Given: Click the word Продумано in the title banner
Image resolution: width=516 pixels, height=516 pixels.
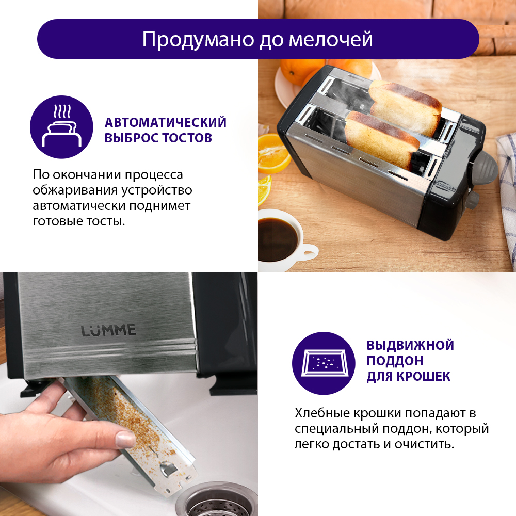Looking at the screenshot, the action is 198,40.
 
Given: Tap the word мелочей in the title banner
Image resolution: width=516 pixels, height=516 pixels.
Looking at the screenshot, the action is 331,40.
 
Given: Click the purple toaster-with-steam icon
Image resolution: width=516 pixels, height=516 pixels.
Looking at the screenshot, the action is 61,127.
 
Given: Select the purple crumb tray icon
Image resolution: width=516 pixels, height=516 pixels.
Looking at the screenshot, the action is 324,363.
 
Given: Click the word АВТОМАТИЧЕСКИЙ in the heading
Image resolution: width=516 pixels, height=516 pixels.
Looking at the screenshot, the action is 166,122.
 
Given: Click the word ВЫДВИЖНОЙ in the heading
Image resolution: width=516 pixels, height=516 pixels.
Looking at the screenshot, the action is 410,346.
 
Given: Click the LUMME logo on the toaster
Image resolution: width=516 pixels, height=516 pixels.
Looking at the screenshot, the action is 109,330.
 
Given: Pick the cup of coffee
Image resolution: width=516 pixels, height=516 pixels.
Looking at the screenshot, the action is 285,237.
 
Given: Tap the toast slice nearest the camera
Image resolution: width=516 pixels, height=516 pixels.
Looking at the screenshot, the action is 382,140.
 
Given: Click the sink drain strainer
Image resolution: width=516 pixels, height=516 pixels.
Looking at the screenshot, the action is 217,502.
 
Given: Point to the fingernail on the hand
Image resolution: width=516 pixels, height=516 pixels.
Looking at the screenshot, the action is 125,439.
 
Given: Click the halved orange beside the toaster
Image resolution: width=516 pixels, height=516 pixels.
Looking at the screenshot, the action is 274,154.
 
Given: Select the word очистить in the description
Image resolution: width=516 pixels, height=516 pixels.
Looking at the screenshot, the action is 424,444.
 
